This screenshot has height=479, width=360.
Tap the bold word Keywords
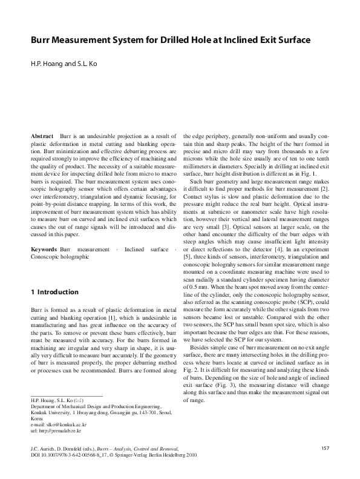point(43,249)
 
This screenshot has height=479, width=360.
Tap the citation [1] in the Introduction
point(121,317)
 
